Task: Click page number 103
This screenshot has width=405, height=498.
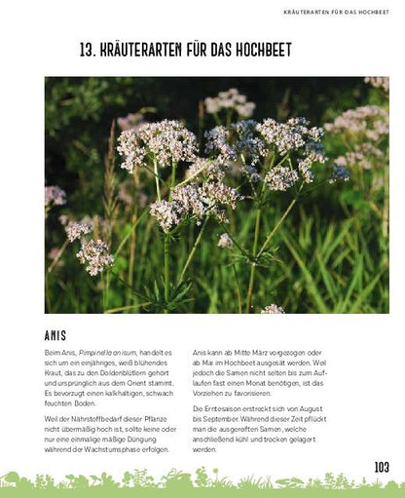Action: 381,467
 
